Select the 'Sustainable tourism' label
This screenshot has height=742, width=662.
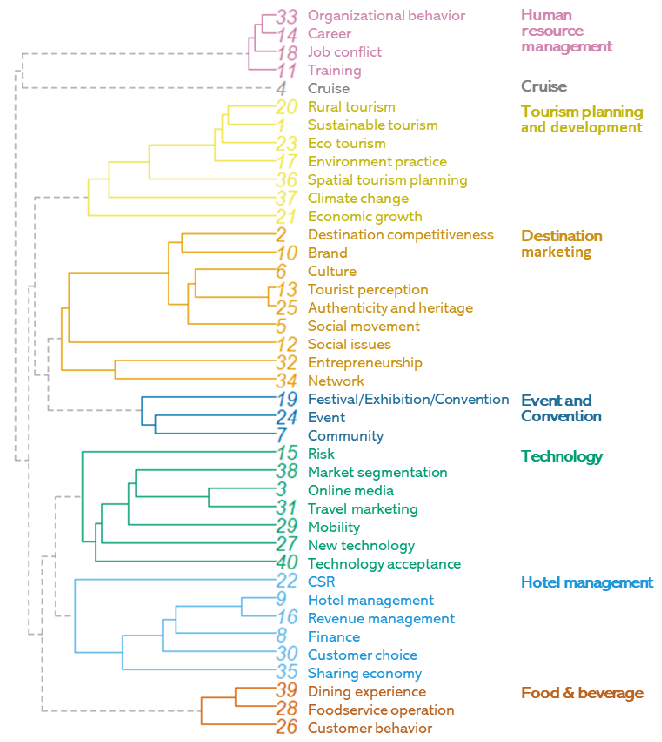(372, 125)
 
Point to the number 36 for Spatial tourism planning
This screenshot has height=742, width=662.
(287, 180)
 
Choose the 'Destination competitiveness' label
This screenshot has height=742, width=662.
(400, 235)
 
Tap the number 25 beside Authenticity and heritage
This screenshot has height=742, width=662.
(287, 308)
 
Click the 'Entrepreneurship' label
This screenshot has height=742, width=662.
(365, 363)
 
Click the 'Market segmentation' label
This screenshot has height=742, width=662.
(377, 472)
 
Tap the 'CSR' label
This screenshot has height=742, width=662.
(321, 582)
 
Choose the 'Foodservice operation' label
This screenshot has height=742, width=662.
(381, 710)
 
